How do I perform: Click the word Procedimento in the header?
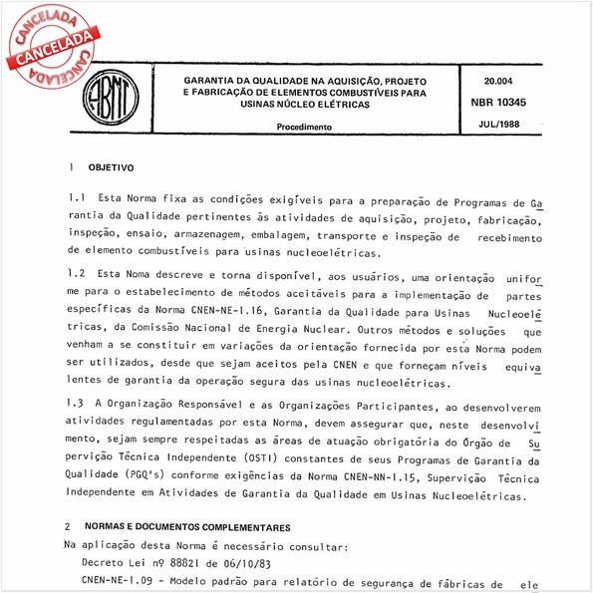point(304,128)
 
